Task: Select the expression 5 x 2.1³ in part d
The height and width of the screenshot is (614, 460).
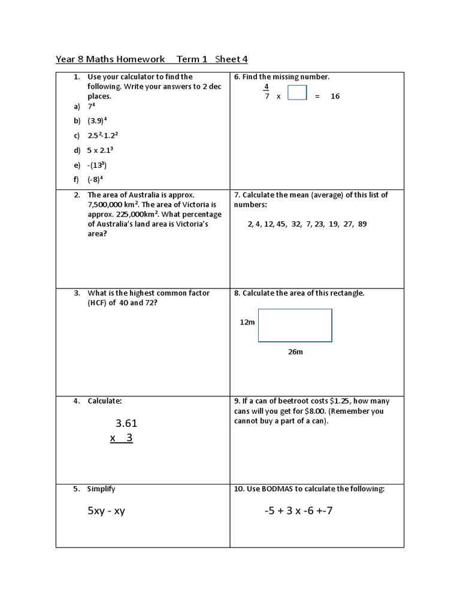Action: pos(101,150)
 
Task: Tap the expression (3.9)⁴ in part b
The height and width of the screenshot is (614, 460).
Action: pos(100,121)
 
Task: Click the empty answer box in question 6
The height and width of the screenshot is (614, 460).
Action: pos(297,93)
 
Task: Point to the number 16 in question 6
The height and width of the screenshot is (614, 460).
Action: pos(335,96)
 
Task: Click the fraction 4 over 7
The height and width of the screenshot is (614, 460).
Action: pos(267,91)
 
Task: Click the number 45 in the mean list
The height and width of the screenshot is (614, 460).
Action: pos(281,224)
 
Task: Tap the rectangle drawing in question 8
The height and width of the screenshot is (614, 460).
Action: pos(295,325)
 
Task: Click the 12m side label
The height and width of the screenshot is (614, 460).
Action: pos(247,322)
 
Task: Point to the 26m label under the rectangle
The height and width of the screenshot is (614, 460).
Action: pos(295,352)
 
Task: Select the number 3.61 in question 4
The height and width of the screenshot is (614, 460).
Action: pos(122,423)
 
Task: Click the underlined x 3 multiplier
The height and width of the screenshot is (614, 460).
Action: pos(121,438)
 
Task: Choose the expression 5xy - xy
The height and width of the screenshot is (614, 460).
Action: pos(106,511)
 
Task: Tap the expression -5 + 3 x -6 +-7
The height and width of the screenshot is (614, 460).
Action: pos(306,511)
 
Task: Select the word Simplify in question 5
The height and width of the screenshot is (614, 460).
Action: pos(101,489)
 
